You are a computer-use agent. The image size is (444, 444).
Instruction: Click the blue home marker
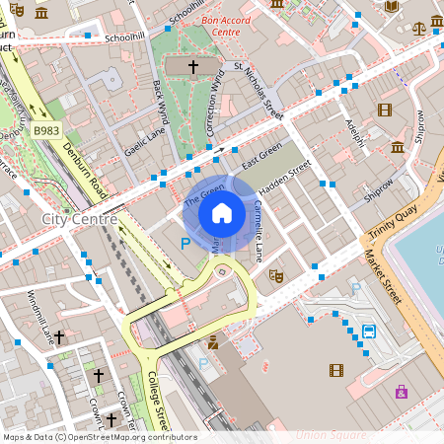[222, 213]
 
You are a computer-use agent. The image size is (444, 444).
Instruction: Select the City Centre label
[79, 218]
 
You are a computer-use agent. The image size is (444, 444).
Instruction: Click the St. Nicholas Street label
[259, 91]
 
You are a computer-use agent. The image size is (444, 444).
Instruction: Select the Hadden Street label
[284, 176]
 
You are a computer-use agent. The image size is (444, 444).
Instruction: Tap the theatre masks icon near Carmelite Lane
[276, 276]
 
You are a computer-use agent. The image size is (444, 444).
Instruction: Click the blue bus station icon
[369, 331]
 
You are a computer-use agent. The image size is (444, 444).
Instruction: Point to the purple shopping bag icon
[401, 392]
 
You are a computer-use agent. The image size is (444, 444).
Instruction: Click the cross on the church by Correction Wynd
[192, 67]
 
